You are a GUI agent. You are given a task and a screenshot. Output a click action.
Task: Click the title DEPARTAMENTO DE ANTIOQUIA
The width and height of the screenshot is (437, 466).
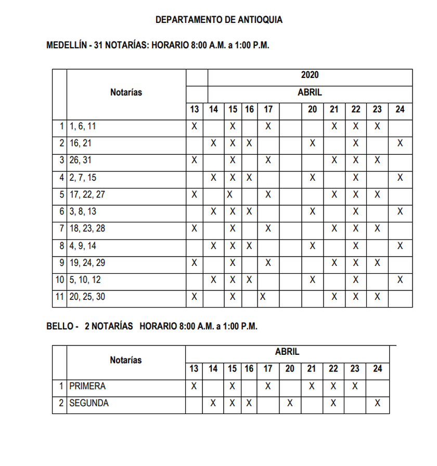(x=219, y=20)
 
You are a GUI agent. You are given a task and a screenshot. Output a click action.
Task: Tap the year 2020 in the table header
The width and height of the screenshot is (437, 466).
(x=310, y=75)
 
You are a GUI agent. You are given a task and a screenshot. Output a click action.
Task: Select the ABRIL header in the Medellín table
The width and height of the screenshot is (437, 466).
(x=310, y=92)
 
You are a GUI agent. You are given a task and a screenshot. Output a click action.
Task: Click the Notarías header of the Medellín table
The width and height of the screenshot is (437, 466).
(x=126, y=92)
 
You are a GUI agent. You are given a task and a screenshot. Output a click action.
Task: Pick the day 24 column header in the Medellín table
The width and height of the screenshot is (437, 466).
(x=400, y=109)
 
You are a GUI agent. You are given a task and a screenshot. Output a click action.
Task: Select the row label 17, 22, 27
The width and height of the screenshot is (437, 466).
(x=87, y=195)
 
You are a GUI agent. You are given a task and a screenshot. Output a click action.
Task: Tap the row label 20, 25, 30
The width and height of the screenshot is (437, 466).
(x=87, y=297)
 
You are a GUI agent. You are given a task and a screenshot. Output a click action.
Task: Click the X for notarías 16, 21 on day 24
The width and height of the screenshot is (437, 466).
(x=400, y=143)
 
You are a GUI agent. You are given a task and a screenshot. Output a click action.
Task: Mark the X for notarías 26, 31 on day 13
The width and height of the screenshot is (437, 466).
(x=194, y=161)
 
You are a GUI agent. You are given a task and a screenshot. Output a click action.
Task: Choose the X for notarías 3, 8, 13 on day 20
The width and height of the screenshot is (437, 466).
(x=312, y=211)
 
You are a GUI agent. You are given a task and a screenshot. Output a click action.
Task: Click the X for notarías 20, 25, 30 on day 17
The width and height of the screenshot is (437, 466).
(x=263, y=297)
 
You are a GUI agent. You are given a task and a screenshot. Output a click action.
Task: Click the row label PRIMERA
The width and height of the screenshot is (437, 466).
(x=87, y=387)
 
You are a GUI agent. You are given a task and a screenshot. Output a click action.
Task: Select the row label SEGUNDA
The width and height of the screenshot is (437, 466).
(x=89, y=403)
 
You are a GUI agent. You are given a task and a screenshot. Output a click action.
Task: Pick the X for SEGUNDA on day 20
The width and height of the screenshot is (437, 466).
(x=290, y=403)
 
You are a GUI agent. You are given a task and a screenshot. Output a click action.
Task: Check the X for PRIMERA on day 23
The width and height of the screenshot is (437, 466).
(x=355, y=387)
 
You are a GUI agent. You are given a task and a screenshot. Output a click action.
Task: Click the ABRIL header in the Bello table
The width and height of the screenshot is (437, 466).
(x=287, y=352)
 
